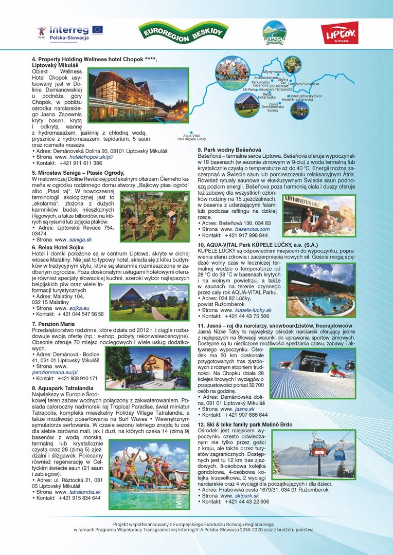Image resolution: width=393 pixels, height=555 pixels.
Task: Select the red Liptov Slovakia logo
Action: coord(339,33)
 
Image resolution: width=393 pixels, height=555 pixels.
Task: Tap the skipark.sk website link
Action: coord(246,496)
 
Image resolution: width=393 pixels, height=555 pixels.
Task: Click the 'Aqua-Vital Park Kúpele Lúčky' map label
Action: coord(191,137)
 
